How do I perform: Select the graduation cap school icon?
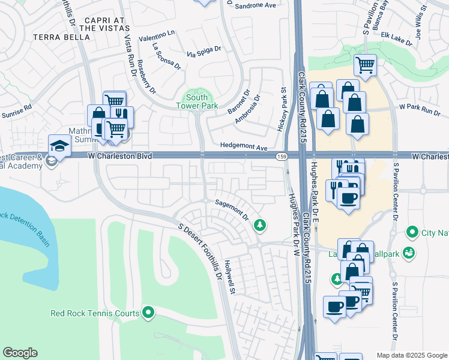pos(59,146)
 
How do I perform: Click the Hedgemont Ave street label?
pos(244,146)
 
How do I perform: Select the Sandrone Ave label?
pos(255,5)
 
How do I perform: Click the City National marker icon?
pos(412,232)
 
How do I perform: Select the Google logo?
pos(20,353)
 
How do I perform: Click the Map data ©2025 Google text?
pos(411,355)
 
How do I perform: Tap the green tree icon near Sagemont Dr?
pos(260,225)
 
